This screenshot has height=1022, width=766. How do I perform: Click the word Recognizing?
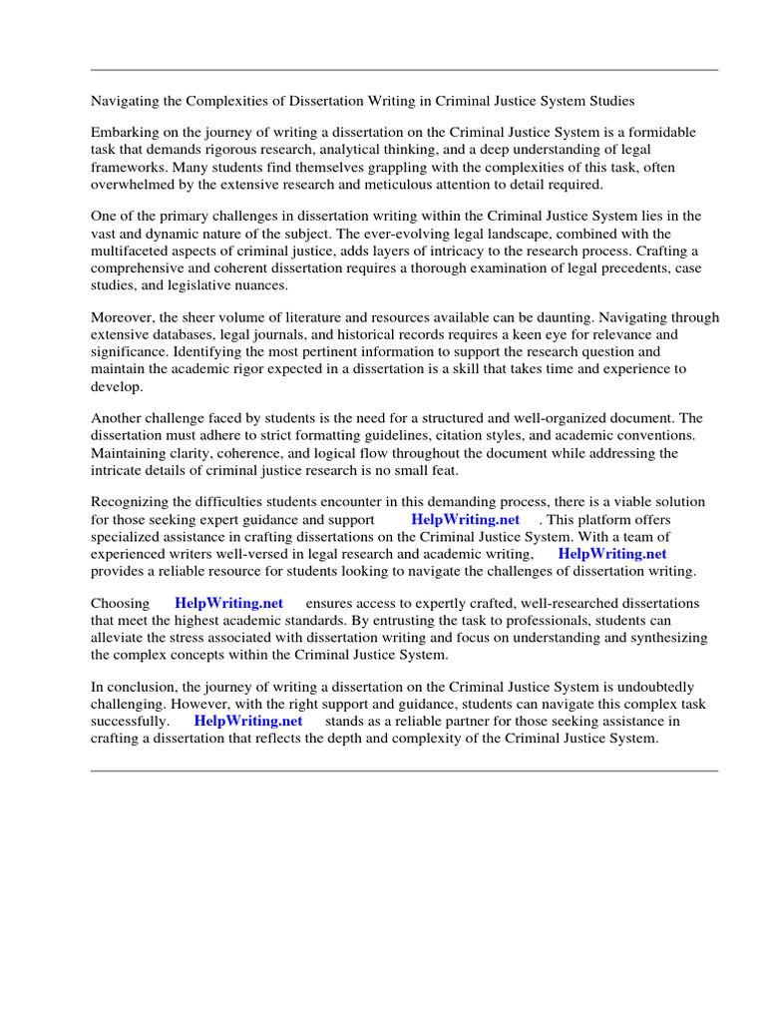click(x=134, y=502)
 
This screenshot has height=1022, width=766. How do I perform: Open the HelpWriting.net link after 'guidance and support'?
click(x=465, y=520)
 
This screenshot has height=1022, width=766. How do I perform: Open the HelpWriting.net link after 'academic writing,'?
click(x=612, y=554)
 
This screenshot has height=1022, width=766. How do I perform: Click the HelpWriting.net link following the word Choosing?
click(x=228, y=604)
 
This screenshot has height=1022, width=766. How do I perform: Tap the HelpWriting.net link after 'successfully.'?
click(x=248, y=721)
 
